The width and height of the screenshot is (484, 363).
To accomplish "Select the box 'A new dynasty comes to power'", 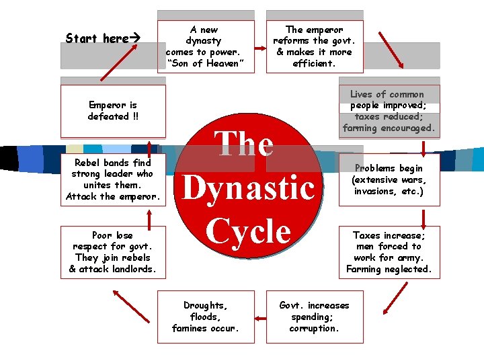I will pyautogui.click(x=206, y=46).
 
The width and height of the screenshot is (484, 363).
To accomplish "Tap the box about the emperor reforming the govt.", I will pyautogui.click(x=314, y=46).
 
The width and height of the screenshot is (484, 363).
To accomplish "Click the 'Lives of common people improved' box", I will pyautogui.click(x=389, y=111).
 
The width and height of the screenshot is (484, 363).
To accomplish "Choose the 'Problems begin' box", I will pyautogui.click(x=389, y=179).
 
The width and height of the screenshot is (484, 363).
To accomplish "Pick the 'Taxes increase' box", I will pyautogui.click(x=389, y=252).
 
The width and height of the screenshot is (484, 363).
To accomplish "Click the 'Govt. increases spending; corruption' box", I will pyautogui.click(x=314, y=317).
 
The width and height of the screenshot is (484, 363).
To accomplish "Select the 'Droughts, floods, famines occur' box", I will pyautogui.click(x=206, y=317).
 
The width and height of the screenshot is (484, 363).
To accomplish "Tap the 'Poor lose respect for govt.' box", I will pyautogui.click(x=113, y=252).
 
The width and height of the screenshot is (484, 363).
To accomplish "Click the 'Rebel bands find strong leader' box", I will pyautogui.click(x=113, y=179).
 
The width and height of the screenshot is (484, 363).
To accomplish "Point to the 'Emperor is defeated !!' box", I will pyautogui.click(x=113, y=111).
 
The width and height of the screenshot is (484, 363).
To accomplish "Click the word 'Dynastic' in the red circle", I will pyautogui.click(x=249, y=188).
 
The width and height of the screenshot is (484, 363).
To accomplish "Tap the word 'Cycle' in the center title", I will pyautogui.click(x=249, y=230).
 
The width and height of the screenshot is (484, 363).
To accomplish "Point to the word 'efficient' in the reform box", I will pyautogui.click(x=314, y=64).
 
